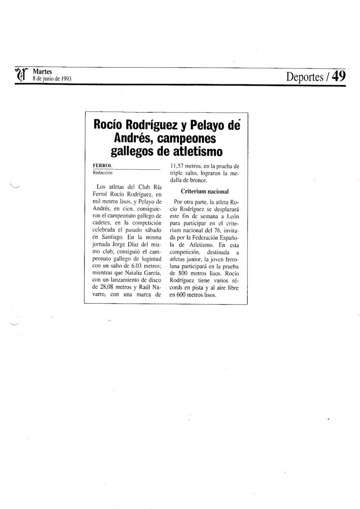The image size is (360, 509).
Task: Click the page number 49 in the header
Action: [339, 76]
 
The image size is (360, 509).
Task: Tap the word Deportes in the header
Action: [305, 77]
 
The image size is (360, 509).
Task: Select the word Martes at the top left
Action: [42, 72]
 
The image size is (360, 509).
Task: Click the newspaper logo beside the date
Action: [22, 76]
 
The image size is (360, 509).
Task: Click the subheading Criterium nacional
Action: [205, 191]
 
